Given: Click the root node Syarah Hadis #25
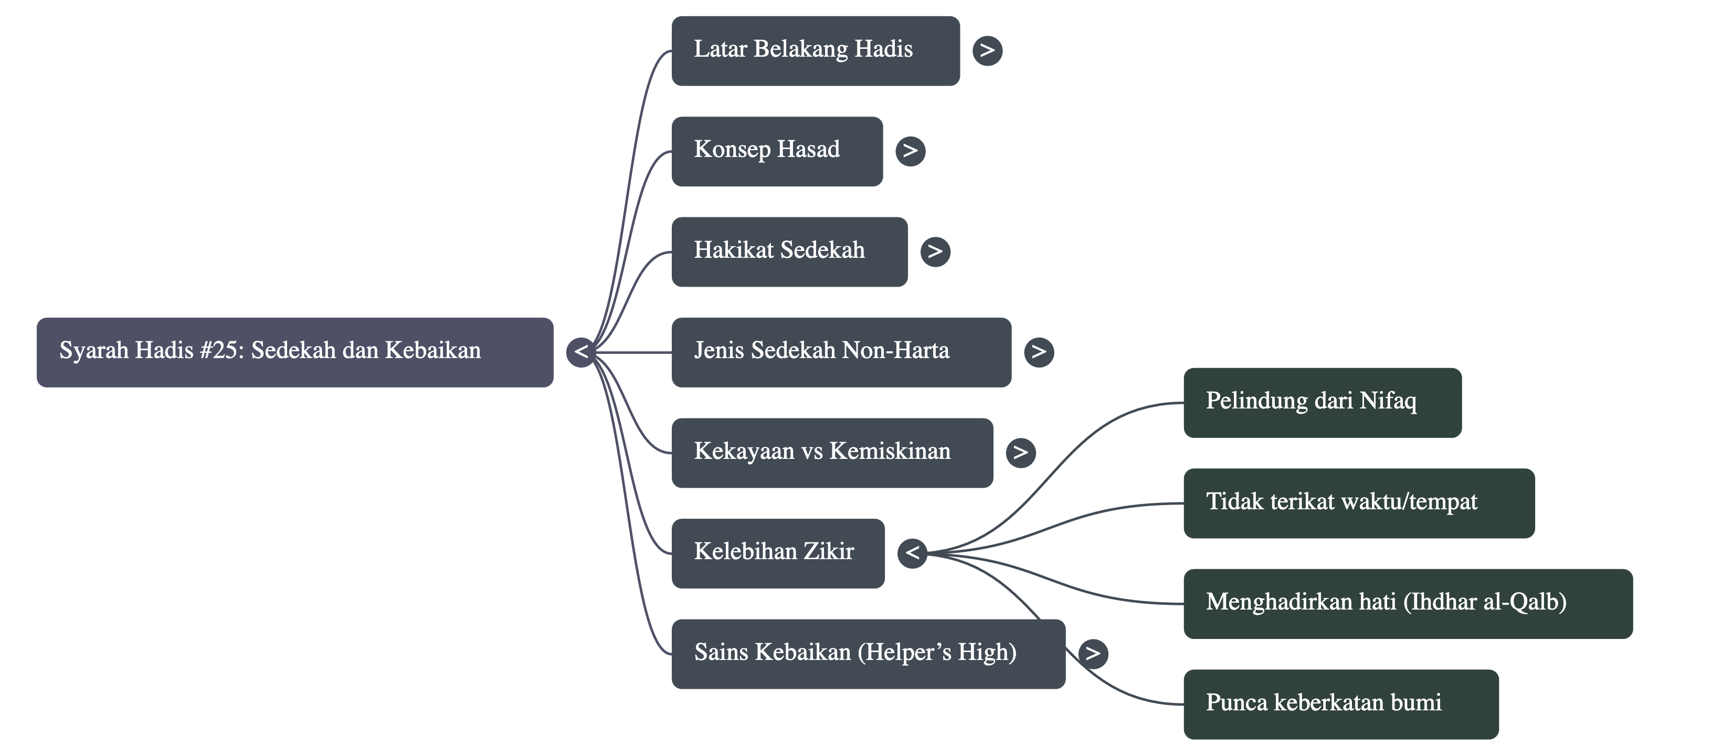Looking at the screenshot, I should pyautogui.click(x=294, y=352).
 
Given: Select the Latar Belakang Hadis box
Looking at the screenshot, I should pyautogui.click(x=816, y=50).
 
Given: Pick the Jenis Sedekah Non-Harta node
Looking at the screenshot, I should pyautogui.click(x=841, y=352).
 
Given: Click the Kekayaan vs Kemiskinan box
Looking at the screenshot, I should pyautogui.click(x=832, y=453).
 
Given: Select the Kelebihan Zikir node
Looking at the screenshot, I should pyautogui.click(x=778, y=553).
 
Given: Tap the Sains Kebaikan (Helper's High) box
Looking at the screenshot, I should pyautogui.click(x=868, y=654).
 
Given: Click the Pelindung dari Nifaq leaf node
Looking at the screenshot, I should pyautogui.click(x=1322, y=402).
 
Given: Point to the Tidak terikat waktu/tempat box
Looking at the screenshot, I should pyautogui.click(x=1358, y=503).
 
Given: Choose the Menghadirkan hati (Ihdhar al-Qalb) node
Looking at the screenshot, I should pyautogui.click(x=1408, y=603).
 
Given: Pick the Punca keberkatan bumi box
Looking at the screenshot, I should pyautogui.click(x=1340, y=704).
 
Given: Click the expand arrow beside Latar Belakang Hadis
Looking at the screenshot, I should pyautogui.click(x=987, y=50).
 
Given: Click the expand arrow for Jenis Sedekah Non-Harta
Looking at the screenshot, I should pyautogui.click(x=1039, y=352).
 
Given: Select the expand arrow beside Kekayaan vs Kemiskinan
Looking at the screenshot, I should pyautogui.click(x=1020, y=453).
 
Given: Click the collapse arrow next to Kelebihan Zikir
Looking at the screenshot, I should pyautogui.click(x=912, y=553).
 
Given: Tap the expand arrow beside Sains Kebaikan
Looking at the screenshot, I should pyautogui.click(x=1093, y=654).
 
